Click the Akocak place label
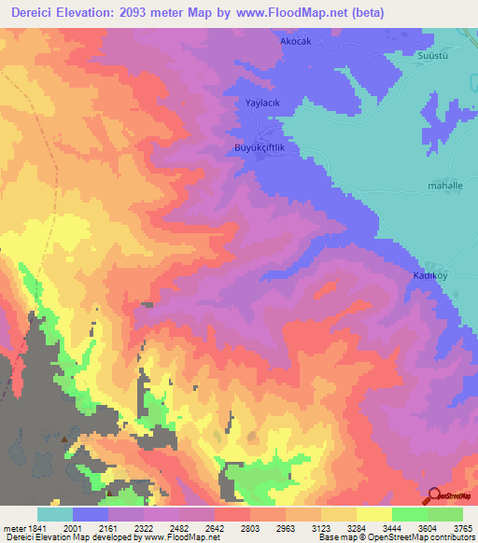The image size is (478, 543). [295, 42]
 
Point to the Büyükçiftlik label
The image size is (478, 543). [258, 148]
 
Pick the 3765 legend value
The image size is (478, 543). [463, 528]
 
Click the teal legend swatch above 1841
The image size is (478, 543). [55, 514]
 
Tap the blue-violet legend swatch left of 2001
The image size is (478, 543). [91, 514]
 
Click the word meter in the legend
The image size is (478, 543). [11, 528]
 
